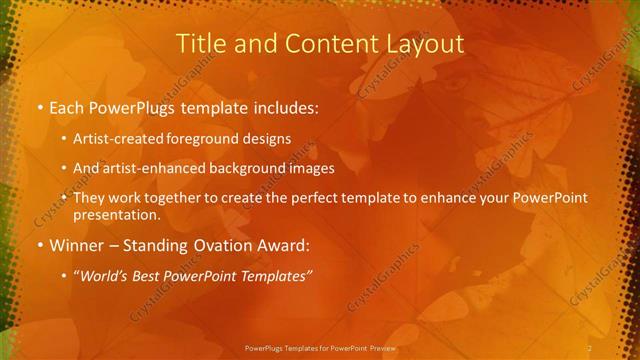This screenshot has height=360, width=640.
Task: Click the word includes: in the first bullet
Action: click(x=281, y=107)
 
